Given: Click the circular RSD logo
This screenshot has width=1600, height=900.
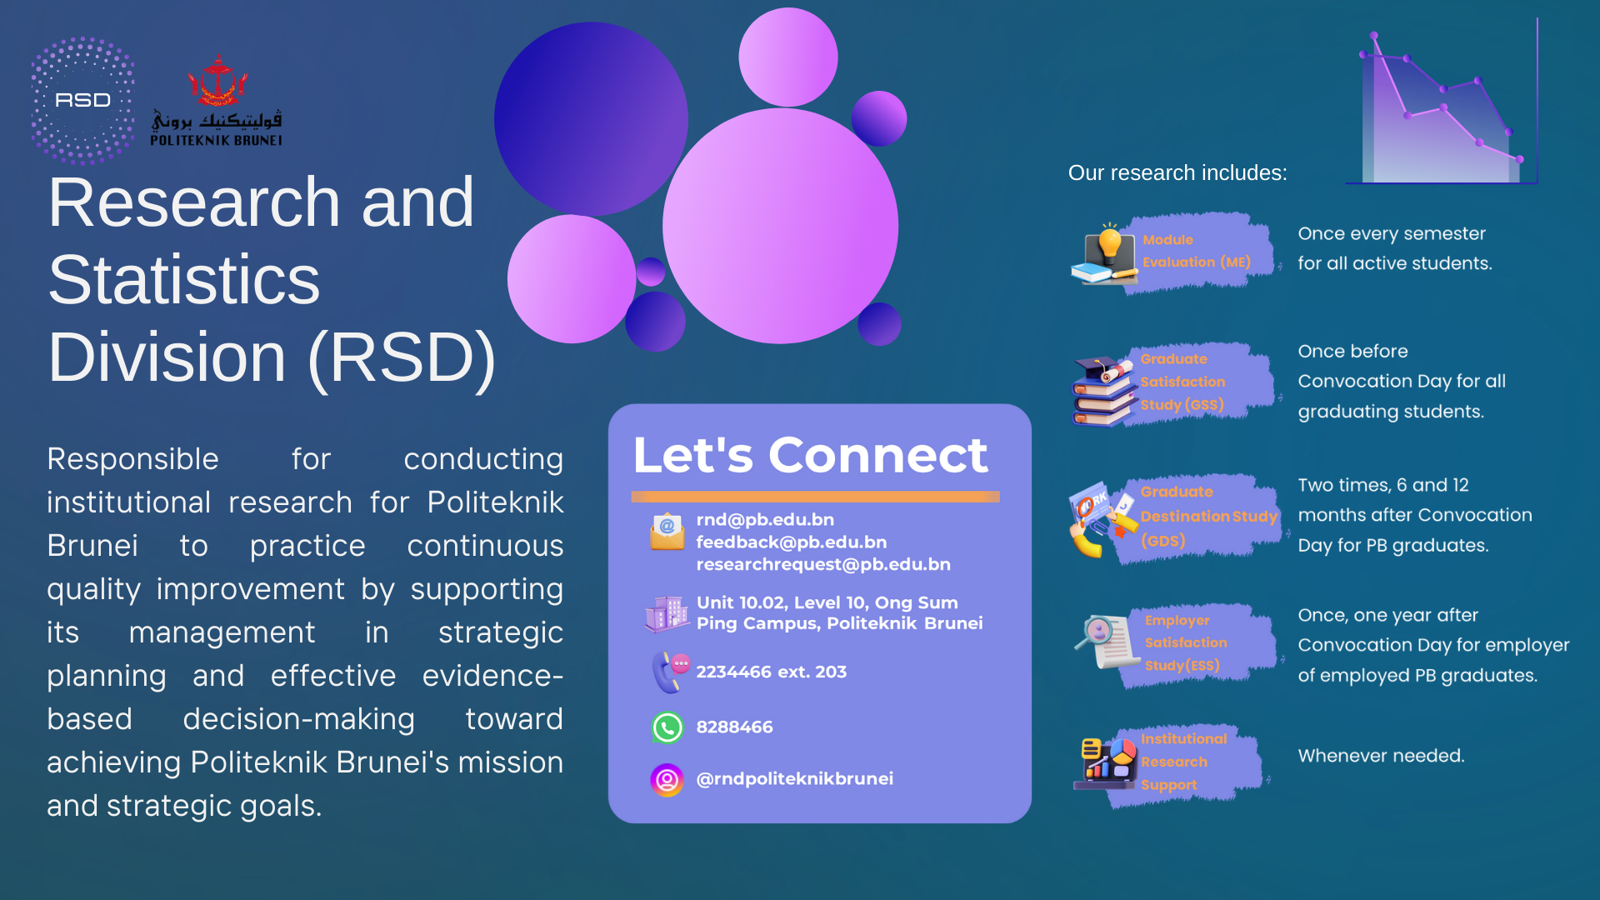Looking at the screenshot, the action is (x=82, y=100).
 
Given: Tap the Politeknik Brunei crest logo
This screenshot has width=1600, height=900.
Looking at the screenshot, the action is (x=217, y=100).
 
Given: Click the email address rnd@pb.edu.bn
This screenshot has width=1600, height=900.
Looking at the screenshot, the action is (x=765, y=519).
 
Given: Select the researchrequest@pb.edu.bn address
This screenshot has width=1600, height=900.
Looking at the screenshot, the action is (x=823, y=564).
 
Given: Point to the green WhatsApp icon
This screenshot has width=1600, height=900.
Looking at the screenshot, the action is (x=667, y=727).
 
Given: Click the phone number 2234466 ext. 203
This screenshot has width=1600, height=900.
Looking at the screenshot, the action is (x=771, y=672).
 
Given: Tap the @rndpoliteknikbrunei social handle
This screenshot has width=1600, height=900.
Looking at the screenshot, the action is (x=794, y=778).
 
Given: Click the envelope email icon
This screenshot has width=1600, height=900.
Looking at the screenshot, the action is (x=667, y=532).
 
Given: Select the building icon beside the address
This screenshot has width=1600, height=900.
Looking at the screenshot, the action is (x=667, y=614).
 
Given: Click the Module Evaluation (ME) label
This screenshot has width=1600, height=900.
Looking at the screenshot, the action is (x=1196, y=251).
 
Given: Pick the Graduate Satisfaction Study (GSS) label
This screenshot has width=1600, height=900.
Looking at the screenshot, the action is (x=1182, y=382).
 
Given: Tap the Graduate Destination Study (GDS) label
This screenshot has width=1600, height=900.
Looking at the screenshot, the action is (x=1208, y=516).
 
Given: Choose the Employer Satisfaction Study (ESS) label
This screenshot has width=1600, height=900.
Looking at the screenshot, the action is (x=1186, y=642).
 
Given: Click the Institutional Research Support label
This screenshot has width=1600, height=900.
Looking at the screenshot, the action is (x=1183, y=762).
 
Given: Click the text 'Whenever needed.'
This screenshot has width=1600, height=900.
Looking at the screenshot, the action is (x=1381, y=756).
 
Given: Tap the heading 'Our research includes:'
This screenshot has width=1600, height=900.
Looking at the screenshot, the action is (x=1177, y=172).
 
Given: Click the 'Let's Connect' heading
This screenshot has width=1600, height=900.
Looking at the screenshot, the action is (x=810, y=455).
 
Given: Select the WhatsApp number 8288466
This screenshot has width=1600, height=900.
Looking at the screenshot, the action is (x=734, y=727).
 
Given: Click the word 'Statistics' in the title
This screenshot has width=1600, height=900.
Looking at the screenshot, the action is (x=183, y=280).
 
